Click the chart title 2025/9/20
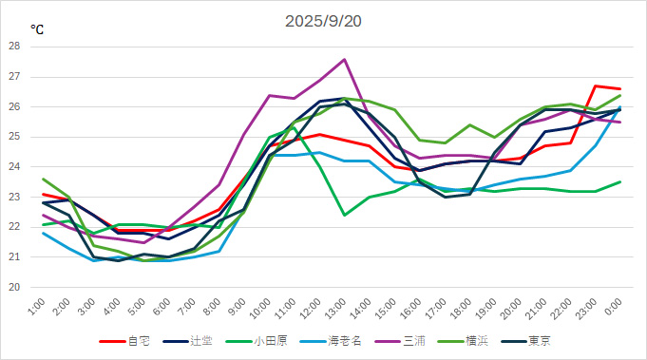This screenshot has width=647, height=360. coord(323,21)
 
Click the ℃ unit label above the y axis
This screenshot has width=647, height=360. coord(36,30)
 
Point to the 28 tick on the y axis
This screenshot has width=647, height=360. coord(14,46)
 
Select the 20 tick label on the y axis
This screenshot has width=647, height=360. coord(14,287)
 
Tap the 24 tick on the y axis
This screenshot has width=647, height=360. coord(14,166)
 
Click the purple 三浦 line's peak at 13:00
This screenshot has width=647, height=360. coord(344,59)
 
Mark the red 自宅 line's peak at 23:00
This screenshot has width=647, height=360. coord(595,85)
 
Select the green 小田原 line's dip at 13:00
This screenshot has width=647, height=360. coord(344,215)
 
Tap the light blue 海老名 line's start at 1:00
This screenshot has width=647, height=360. coord(43,233)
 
